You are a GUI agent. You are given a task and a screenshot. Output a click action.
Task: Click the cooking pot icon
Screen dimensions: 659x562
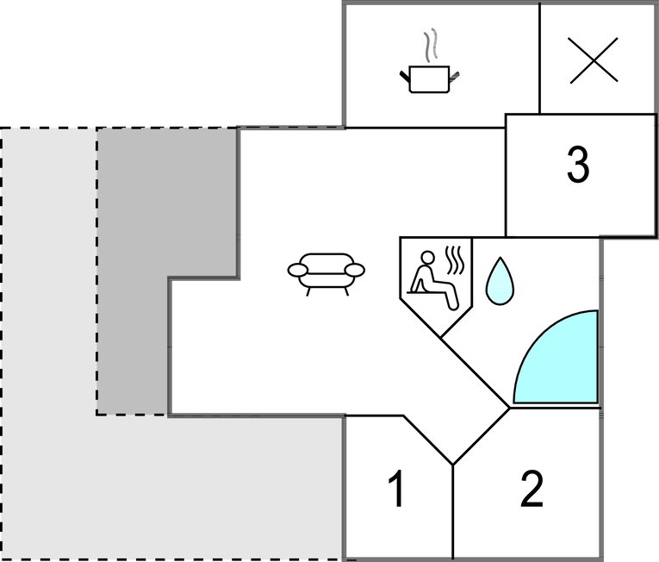(429, 79)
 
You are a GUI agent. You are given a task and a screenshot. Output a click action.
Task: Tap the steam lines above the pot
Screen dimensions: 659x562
(431, 45)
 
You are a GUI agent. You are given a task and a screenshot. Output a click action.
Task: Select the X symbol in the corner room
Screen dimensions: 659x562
(594, 60)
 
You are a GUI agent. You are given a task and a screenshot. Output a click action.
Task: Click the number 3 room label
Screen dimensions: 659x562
(578, 164)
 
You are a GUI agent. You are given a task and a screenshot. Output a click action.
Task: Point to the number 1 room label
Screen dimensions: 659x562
(396, 489)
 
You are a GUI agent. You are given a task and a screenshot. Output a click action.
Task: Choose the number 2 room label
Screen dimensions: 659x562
(532, 489)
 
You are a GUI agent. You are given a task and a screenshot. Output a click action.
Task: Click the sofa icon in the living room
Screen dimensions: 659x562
(326, 274)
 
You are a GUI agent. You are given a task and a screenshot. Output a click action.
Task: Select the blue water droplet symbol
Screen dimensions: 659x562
(500, 281)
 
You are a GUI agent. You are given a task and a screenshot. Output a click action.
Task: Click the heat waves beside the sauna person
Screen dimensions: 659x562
(456, 259)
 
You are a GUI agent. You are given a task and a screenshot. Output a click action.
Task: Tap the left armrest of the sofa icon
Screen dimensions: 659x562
(298, 270)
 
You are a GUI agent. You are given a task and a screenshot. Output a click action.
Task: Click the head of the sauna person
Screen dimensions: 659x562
(427, 258)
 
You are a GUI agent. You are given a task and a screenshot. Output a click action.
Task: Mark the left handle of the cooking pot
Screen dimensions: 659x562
(404, 76)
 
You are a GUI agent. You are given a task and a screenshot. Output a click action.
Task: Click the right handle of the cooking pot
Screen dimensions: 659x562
(454, 76)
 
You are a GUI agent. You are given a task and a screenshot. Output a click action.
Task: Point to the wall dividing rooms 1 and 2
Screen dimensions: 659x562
(453, 512)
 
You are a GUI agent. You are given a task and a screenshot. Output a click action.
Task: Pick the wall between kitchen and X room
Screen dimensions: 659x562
(539, 59)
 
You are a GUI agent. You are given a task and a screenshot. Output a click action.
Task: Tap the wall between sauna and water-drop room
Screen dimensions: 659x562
(472, 272)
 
